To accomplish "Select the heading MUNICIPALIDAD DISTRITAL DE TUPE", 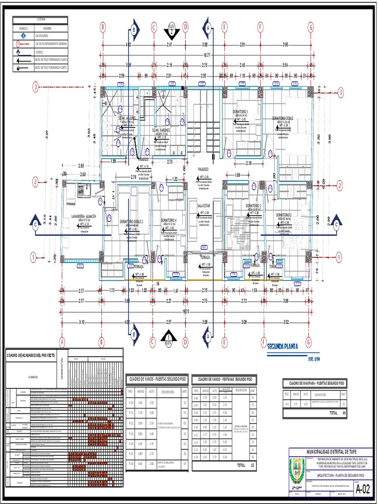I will click(331, 451).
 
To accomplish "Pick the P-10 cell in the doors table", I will click(130, 403).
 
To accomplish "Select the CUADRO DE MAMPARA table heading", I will click(315, 383).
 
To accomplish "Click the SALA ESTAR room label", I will click(204, 205).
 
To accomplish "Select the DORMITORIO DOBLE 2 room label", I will click(131, 221).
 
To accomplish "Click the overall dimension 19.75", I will click(186, 311).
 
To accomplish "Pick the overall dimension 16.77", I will click(207, 56).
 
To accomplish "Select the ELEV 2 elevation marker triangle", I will click(171, 31).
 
